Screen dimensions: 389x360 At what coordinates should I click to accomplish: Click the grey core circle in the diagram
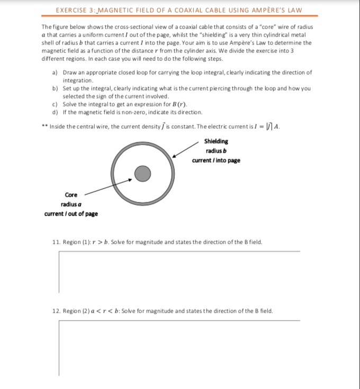[x=141, y=173]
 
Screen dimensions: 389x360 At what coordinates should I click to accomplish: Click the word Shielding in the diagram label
[x=216, y=142]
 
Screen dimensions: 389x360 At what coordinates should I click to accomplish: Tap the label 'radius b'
[x=216, y=151]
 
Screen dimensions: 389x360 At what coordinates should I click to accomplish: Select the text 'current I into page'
[x=216, y=160]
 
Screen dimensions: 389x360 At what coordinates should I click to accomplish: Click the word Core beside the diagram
[x=71, y=194]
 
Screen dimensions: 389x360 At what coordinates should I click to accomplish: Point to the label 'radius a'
[x=71, y=204]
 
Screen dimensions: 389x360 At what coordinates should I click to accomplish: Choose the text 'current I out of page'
[x=71, y=214]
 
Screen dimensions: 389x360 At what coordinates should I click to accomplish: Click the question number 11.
[x=56, y=242]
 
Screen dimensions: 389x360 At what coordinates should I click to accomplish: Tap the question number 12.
[x=56, y=311]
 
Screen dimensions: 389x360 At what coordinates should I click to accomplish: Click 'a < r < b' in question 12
[x=100, y=311]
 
